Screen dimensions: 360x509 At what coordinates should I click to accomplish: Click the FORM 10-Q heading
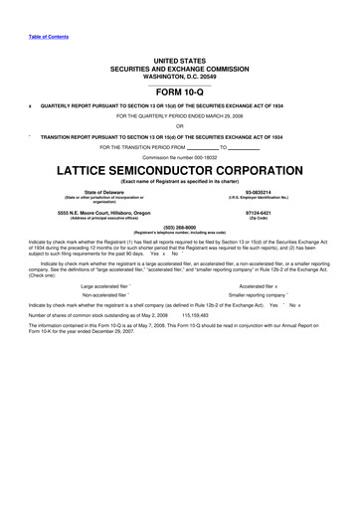point(179,89)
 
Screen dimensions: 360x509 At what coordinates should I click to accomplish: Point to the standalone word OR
point(179,125)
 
